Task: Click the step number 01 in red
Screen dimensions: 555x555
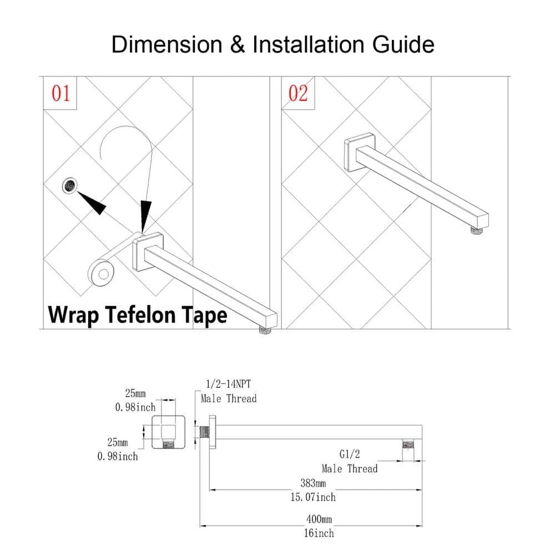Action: tap(61, 93)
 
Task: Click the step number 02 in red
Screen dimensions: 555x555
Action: tap(298, 93)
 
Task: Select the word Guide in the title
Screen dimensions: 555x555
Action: tap(403, 44)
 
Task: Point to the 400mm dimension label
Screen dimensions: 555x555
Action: tap(320, 520)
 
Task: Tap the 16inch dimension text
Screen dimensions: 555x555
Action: tap(320, 533)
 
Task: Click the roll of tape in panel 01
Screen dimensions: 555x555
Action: tap(103, 274)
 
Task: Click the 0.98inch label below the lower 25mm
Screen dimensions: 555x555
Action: tap(117, 456)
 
